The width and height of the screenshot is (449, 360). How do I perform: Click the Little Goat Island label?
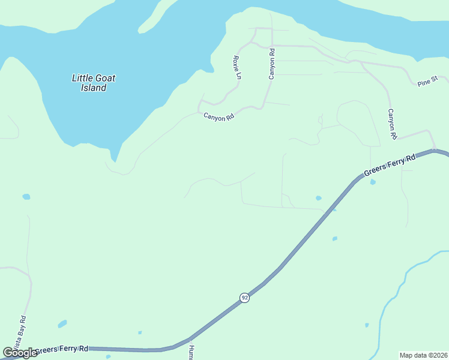tap(94, 83)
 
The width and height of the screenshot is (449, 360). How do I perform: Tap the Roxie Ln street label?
tap(237, 68)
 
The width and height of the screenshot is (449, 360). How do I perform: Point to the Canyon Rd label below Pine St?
tap(393, 124)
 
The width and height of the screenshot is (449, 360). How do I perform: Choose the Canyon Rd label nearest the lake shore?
tap(218, 118)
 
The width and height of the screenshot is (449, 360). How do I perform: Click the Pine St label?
tap(428, 80)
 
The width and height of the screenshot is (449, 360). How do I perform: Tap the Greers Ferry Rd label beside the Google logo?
tap(61, 349)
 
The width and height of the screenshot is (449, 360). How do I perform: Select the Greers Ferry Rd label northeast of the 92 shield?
tap(390, 166)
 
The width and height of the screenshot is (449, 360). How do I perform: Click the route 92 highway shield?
tap(244, 298)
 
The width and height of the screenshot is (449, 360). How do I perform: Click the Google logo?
tap(20, 353)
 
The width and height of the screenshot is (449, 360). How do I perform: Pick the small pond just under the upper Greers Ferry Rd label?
tap(373, 182)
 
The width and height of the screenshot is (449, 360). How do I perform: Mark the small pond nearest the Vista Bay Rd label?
tap(62, 324)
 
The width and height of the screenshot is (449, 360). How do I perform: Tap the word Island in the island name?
tap(94, 88)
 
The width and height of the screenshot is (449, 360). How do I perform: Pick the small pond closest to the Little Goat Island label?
tap(26, 196)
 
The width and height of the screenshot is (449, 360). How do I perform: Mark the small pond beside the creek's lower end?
tap(366, 325)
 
